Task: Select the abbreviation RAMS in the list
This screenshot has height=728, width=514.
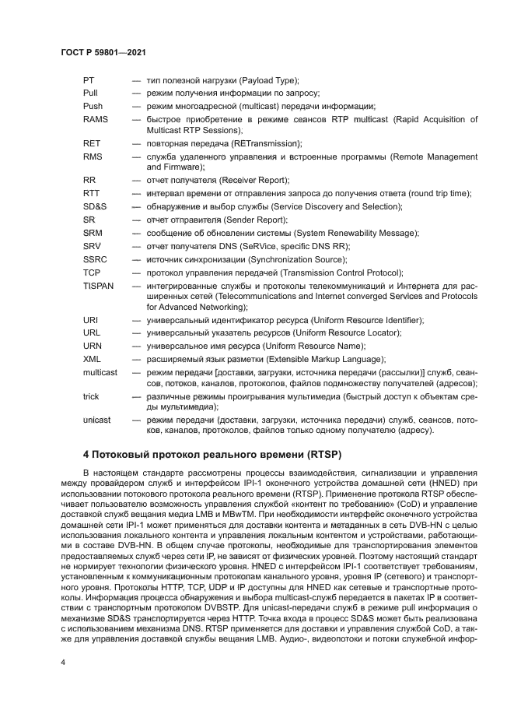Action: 96,119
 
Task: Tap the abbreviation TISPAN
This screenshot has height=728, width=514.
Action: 99,286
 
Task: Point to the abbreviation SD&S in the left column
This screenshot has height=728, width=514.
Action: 96,206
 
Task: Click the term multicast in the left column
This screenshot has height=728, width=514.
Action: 100,372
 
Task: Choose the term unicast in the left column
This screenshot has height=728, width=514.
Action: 97,420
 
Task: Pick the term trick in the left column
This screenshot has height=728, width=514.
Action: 91,396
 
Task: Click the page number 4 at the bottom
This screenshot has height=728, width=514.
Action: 62,661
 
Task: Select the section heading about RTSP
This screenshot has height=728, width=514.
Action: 212,453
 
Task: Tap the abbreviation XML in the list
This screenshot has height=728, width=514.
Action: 93,359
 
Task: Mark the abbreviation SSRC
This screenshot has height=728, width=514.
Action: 96,258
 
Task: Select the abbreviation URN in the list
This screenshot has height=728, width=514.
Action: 93,346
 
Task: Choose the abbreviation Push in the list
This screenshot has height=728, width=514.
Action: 93,106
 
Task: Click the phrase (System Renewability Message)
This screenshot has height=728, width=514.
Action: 354,233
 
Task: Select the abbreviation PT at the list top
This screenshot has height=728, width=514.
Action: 89,80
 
